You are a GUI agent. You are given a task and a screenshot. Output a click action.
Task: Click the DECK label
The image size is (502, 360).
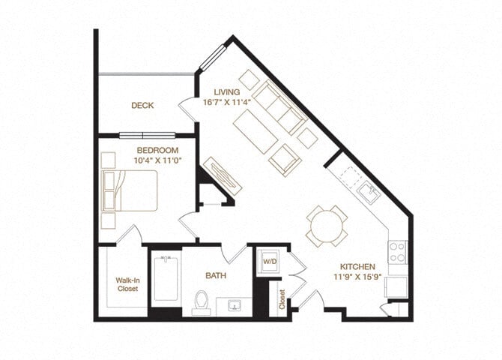142,106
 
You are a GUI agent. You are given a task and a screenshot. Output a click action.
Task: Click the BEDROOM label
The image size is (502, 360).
157,151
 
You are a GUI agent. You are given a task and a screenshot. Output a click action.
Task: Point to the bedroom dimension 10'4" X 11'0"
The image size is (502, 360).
157,160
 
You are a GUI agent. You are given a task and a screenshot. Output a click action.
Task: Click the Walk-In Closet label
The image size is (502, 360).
126,284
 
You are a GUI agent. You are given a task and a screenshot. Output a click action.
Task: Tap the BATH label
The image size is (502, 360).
216,276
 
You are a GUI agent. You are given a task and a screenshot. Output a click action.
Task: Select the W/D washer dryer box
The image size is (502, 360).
269,262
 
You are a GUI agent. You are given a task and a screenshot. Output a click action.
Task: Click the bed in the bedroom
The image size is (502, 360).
130,190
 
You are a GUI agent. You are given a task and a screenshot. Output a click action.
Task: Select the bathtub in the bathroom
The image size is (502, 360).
165,279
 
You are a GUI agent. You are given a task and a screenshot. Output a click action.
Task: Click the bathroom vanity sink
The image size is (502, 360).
234,306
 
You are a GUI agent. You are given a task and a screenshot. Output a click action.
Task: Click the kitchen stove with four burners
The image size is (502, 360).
397,251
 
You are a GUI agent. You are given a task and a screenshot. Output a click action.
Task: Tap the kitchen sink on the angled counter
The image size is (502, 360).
368,193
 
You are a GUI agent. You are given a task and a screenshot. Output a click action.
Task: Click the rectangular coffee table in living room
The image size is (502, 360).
256,132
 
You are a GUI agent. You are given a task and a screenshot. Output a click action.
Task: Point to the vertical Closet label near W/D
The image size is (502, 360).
282,298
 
